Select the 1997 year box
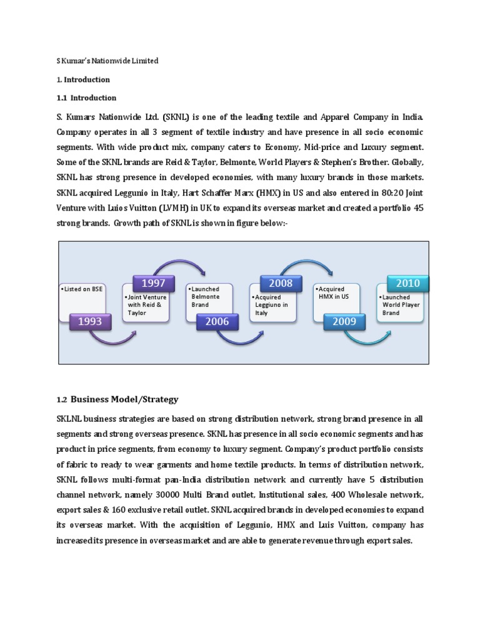(153, 284)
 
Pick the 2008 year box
(281, 284)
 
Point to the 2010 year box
(408, 284)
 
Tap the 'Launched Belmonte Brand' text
(207, 297)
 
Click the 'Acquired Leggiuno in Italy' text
(273, 305)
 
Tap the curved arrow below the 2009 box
(369, 339)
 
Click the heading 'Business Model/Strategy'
(124, 399)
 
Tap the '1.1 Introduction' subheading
(86, 97)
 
